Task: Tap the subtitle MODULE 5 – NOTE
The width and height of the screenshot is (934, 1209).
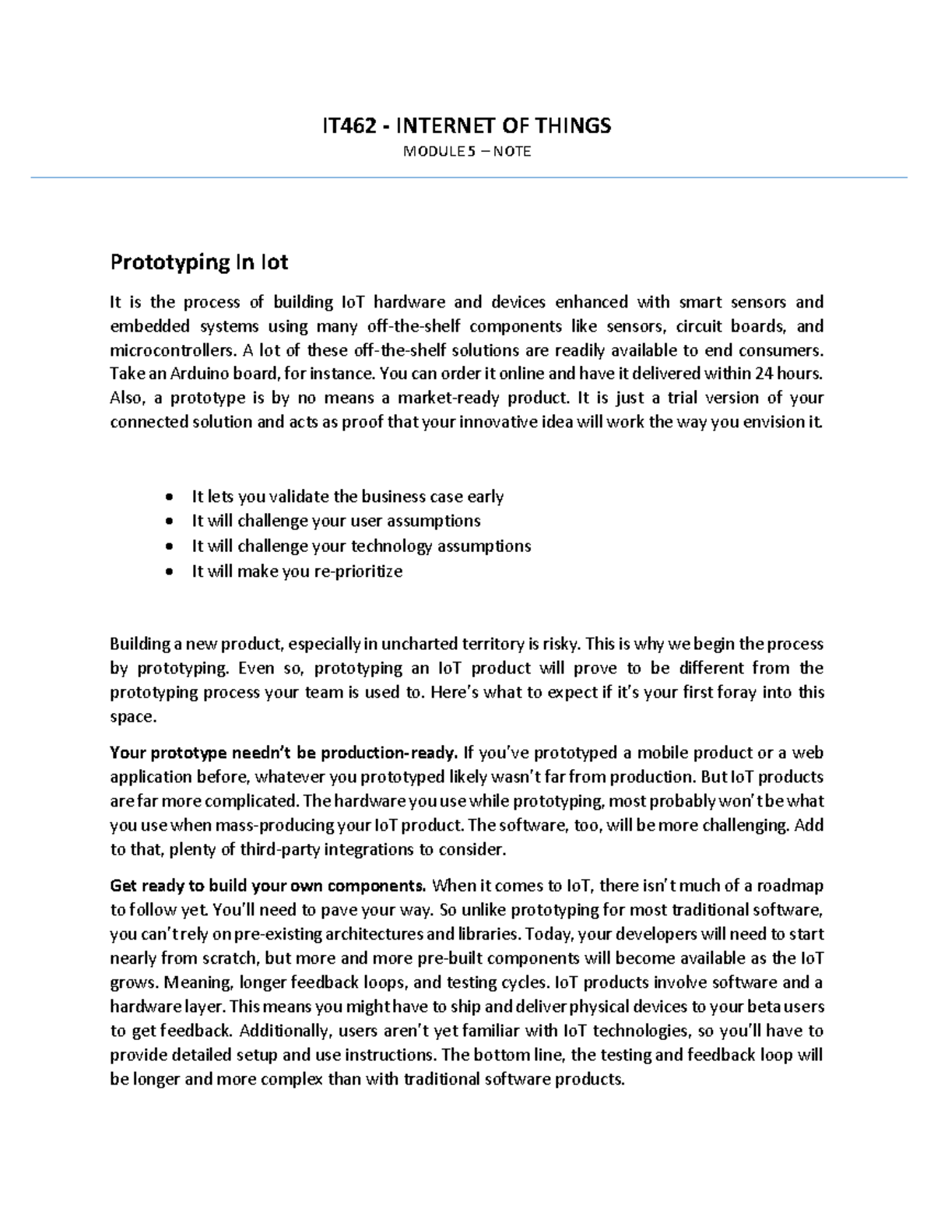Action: (466, 151)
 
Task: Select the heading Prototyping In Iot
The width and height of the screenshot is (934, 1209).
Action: (199, 262)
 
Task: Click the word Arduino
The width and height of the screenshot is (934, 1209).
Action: (189, 374)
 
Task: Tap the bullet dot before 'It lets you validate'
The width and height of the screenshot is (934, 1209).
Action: (170, 497)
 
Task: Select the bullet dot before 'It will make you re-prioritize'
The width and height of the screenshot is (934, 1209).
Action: (170, 572)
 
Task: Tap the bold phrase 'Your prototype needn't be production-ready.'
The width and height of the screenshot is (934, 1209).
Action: (283, 753)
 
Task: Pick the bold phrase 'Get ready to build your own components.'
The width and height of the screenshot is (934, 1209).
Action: (268, 886)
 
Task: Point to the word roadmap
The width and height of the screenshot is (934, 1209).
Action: (790, 886)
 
